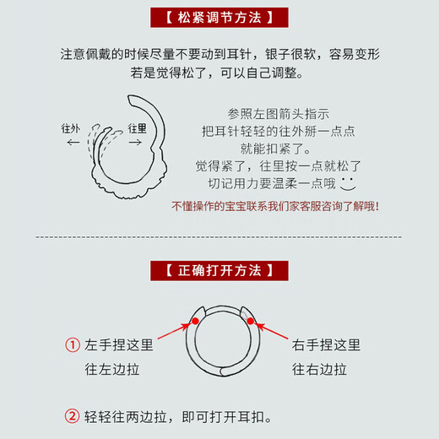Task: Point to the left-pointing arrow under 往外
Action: coord(73,144)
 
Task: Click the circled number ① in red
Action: coord(73,346)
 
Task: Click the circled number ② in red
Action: coord(73,417)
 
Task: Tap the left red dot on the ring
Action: coord(196,321)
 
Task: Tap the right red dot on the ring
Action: coord(251,321)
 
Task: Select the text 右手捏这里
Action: coord(327,345)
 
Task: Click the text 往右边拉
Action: coord(320,369)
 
